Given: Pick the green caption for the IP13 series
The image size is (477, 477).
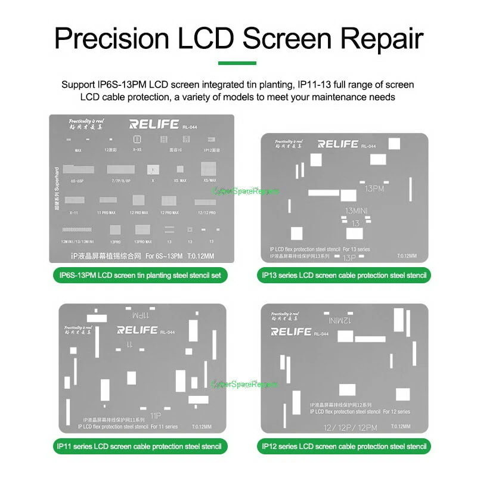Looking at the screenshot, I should [x=344, y=275].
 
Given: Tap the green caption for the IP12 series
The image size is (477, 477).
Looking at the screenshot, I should [x=344, y=446].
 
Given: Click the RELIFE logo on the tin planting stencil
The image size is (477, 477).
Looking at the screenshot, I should [x=154, y=125].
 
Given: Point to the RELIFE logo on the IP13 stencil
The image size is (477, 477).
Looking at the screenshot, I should [x=337, y=144].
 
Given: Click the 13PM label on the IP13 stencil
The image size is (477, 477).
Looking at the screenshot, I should [x=375, y=188].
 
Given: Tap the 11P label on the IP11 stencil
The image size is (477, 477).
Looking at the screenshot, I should [x=157, y=414].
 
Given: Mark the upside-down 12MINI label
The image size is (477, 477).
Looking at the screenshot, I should [x=339, y=320].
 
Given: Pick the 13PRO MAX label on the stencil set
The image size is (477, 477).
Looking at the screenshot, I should [x=143, y=241].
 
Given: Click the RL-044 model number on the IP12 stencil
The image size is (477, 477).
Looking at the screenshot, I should [x=320, y=334].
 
